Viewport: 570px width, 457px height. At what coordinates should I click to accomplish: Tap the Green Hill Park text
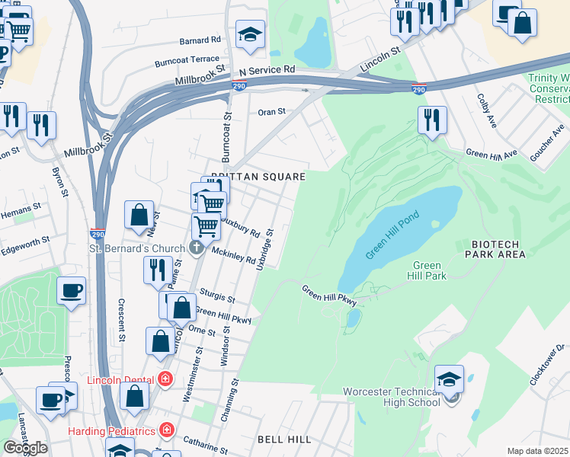click(427, 270)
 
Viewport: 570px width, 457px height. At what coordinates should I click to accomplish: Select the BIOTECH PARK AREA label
click(498, 249)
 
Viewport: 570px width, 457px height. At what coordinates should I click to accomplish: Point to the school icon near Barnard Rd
click(250, 34)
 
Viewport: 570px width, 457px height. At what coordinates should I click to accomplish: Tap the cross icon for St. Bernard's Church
click(197, 248)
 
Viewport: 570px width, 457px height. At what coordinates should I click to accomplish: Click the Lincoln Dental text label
click(122, 379)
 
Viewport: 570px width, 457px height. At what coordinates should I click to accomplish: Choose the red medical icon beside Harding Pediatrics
click(165, 430)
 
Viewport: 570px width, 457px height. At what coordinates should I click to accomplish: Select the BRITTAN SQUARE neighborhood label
click(258, 177)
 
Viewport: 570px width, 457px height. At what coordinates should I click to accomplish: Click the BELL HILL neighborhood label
click(283, 439)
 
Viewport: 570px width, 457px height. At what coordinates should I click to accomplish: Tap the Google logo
click(25, 447)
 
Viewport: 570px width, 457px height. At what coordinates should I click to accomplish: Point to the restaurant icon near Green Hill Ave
click(431, 120)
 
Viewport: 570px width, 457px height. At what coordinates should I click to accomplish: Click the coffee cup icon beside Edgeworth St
click(71, 291)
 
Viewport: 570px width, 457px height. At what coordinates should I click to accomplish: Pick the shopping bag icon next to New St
click(139, 216)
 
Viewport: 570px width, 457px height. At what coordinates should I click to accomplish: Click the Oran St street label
click(271, 111)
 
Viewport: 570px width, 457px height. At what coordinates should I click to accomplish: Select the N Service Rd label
click(266, 69)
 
